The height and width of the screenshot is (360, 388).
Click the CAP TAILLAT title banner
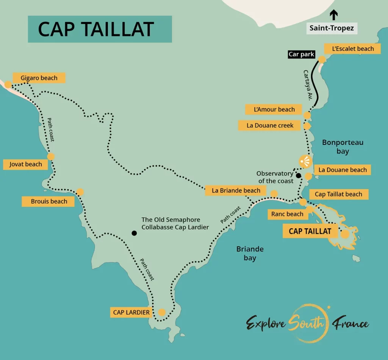point(100,29)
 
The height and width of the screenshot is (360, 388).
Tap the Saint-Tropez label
point(332,28)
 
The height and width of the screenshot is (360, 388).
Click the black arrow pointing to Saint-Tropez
point(334,15)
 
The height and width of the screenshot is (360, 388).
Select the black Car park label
point(301,55)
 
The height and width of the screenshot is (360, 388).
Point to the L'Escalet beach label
point(353,48)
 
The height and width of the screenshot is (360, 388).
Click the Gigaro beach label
point(39,78)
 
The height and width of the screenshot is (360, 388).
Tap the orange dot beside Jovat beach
point(50,156)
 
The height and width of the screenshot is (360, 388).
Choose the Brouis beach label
point(49,201)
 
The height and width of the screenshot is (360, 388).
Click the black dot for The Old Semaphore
point(134,233)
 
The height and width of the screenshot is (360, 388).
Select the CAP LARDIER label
point(131,313)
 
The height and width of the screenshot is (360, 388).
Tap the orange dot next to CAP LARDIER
point(162,313)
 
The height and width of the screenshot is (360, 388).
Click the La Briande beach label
point(236,190)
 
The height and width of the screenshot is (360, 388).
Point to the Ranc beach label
point(287,214)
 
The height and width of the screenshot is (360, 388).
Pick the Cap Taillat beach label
point(338,194)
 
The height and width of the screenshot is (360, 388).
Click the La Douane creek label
point(270,125)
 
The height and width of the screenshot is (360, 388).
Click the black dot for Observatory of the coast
point(299,176)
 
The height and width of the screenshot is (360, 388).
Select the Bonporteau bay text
point(343,146)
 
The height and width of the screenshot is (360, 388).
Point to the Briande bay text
point(250,254)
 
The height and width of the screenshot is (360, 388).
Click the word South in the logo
point(306,323)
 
